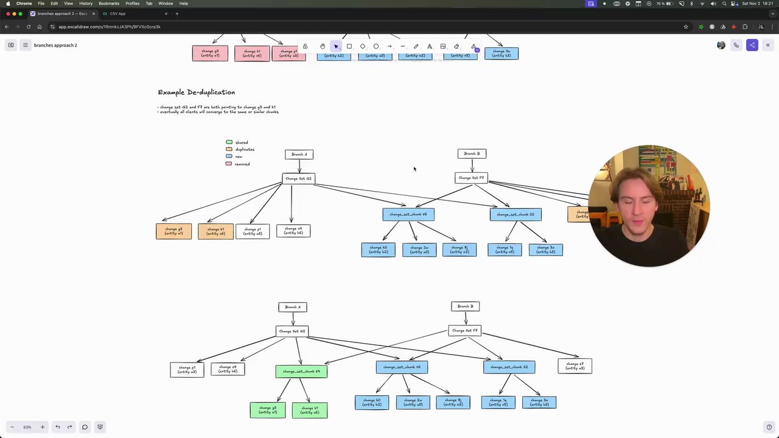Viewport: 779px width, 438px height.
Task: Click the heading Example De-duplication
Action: [x=196, y=92]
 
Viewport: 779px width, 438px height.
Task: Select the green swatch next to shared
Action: [x=229, y=142]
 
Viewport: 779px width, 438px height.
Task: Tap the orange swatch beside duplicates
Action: [x=229, y=149]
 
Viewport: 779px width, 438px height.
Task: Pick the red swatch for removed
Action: [x=229, y=164]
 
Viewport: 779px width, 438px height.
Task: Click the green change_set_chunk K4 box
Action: [x=301, y=371]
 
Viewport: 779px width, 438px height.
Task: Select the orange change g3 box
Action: [x=173, y=231]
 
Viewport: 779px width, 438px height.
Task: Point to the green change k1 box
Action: [x=310, y=410]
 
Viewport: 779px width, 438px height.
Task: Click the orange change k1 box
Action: [x=215, y=231]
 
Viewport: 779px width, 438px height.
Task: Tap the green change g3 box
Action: [x=267, y=410]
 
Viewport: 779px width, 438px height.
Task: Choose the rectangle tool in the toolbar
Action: [x=349, y=46]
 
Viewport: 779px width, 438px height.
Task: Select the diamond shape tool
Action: [x=363, y=46]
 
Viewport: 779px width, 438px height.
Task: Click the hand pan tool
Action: [x=323, y=46]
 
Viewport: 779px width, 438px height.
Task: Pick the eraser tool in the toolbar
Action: [x=456, y=46]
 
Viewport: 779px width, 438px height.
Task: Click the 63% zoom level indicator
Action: [x=27, y=427]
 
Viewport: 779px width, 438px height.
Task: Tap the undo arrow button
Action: [x=58, y=427]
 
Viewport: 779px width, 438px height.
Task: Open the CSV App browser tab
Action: [x=117, y=13]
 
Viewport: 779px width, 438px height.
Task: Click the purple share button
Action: [x=752, y=45]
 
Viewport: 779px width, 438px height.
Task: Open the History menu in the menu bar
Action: [x=86, y=4]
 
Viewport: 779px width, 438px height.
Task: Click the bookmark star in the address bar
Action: [x=686, y=27]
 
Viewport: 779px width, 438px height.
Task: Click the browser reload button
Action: [x=28, y=27]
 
